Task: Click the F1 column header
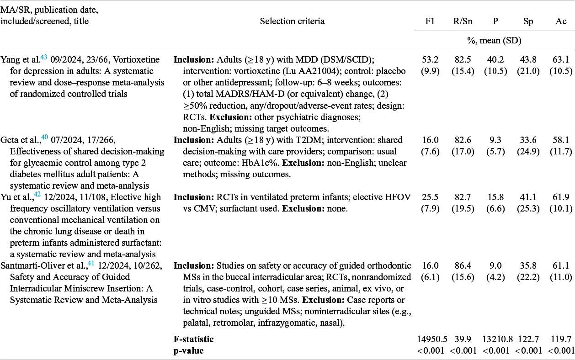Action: click(430, 21)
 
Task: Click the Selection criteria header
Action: click(292, 21)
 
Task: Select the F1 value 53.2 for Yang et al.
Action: click(430, 60)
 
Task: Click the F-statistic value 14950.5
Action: click(430, 339)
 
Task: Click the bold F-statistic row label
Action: click(193, 339)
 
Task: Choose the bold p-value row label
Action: click(188, 350)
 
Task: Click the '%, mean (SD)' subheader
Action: click(495, 41)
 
